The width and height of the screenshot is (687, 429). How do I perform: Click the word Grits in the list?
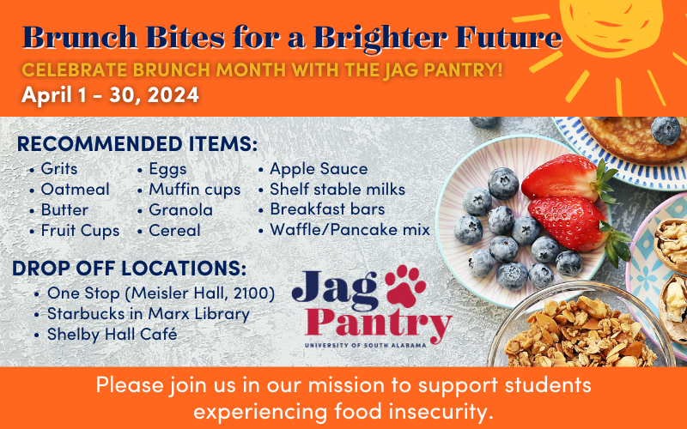[x=59, y=168]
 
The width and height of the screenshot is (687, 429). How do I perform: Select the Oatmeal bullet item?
[x=75, y=189]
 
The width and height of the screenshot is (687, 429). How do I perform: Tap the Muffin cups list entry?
[x=195, y=190]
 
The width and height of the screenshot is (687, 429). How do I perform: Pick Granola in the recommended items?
[x=180, y=209]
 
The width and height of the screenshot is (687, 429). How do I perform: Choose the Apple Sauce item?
[x=319, y=169]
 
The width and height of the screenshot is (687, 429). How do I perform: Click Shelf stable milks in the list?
[x=337, y=189]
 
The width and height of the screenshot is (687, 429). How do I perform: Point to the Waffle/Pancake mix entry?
[x=350, y=229]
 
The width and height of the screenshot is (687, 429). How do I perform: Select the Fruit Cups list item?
[x=80, y=231]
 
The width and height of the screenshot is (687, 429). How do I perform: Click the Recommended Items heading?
[x=137, y=144]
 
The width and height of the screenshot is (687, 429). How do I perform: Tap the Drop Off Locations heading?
[x=130, y=269]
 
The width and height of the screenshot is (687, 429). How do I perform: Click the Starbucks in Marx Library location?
[x=148, y=314]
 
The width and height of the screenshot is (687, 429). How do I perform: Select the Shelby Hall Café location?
[x=112, y=334]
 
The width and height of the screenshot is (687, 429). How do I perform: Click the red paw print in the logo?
[x=405, y=286]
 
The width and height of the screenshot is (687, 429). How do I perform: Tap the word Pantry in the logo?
[x=378, y=324]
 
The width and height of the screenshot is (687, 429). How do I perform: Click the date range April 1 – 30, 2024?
[x=111, y=94]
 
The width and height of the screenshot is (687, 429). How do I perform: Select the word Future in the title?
[x=508, y=37]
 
